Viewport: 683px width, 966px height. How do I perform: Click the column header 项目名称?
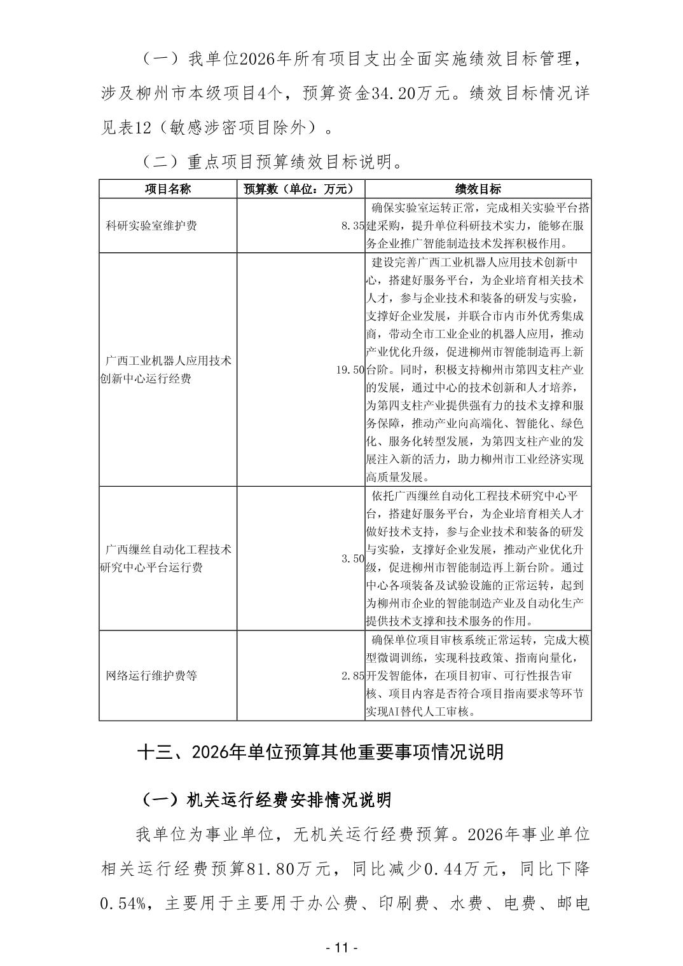pyautogui.click(x=168, y=189)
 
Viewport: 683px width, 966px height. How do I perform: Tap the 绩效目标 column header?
pyautogui.click(x=478, y=189)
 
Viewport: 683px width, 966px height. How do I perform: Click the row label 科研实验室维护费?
pyautogui.click(x=151, y=226)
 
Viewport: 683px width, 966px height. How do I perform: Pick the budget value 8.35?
pyautogui.click(x=353, y=226)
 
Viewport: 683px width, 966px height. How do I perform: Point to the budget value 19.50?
pyautogui.click(x=350, y=369)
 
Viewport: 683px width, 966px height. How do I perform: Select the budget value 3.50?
pyautogui.click(x=353, y=558)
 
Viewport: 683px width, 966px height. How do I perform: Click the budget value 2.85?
pyautogui.click(x=353, y=675)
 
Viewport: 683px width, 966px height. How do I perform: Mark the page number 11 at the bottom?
pyautogui.click(x=341, y=948)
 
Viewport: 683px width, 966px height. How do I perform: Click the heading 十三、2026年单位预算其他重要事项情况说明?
pyautogui.click(x=321, y=752)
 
